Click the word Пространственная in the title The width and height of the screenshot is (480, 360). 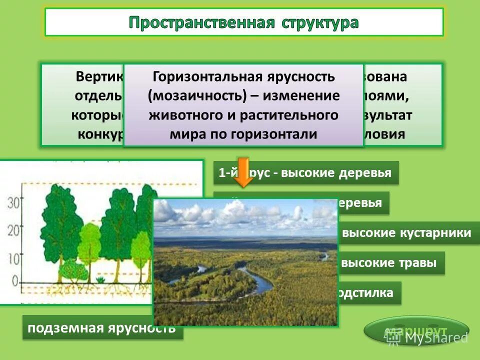tap(202, 22)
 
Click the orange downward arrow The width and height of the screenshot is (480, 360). tap(243, 172)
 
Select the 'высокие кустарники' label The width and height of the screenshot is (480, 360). tap(406, 232)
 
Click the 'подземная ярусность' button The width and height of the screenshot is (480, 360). tap(101, 328)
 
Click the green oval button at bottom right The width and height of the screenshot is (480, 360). tap(416, 330)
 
